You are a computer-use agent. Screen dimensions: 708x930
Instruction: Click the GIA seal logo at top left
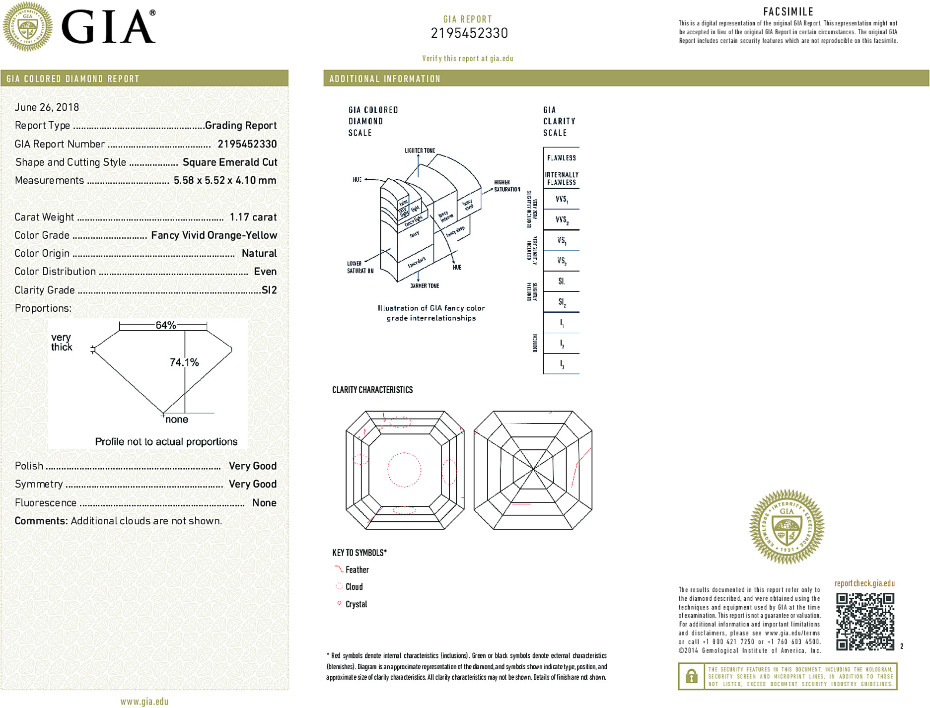click(x=27, y=27)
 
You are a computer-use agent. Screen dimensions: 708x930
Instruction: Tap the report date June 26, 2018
click(x=47, y=107)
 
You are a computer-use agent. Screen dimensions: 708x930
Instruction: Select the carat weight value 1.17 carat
click(x=253, y=217)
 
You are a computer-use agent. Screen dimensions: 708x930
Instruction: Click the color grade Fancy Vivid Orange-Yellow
click(x=214, y=235)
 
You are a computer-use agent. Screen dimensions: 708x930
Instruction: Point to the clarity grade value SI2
click(x=269, y=290)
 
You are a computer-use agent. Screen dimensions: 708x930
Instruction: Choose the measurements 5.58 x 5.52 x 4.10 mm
click(x=225, y=180)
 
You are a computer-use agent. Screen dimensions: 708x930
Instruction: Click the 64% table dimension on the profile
click(x=165, y=325)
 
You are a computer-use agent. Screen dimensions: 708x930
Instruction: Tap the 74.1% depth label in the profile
click(x=184, y=362)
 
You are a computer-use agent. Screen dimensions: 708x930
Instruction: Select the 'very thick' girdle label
click(x=62, y=342)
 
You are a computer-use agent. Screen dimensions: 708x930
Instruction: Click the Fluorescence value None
click(x=264, y=502)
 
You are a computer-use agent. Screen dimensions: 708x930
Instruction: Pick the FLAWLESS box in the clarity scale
click(x=561, y=158)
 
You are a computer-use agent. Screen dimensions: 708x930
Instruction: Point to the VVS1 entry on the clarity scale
click(x=562, y=200)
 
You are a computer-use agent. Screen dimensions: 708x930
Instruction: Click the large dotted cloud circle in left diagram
click(x=404, y=469)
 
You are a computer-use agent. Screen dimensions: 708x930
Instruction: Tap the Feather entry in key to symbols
click(x=357, y=570)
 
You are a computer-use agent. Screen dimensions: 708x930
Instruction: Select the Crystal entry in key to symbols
click(x=356, y=604)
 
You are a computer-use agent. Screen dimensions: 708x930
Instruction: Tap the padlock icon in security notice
click(x=691, y=676)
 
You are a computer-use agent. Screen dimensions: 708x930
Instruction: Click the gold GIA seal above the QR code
click(x=787, y=526)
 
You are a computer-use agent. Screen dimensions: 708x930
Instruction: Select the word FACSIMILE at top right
click(x=788, y=12)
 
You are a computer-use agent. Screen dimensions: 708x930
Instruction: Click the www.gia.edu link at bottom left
click(x=144, y=702)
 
